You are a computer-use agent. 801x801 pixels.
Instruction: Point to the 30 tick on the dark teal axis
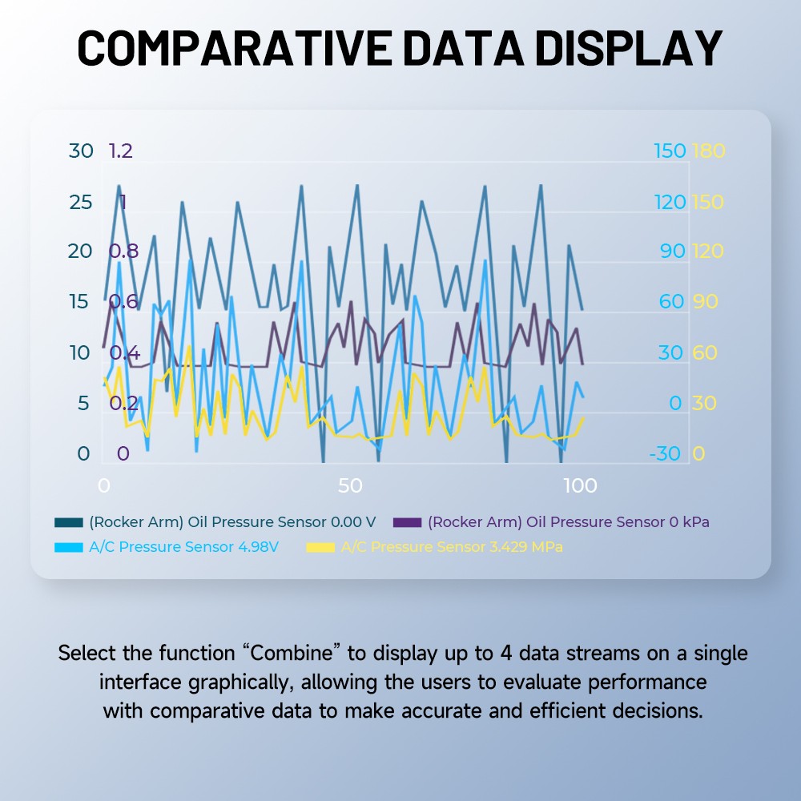point(81,151)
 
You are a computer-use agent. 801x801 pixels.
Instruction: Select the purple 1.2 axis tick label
point(120,151)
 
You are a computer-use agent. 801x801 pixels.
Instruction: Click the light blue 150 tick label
point(670,151)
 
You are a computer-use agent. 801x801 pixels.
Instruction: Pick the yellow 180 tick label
point(707,151)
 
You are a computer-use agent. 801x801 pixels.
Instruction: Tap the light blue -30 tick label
point(665,454)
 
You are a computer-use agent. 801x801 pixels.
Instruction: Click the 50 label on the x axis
point(350,486)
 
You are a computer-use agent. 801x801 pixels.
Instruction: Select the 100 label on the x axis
point(580,486)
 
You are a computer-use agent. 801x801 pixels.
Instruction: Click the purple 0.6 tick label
point(123,302)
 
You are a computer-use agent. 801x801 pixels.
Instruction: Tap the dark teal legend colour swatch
point(69,522)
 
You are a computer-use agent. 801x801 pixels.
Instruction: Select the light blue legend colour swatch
point(69,548)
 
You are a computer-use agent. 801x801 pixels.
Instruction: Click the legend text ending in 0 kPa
point(569,522)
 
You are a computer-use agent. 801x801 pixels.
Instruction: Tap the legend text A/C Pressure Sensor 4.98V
point(184,548)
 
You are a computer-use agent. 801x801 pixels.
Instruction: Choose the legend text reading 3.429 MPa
point(452,548)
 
